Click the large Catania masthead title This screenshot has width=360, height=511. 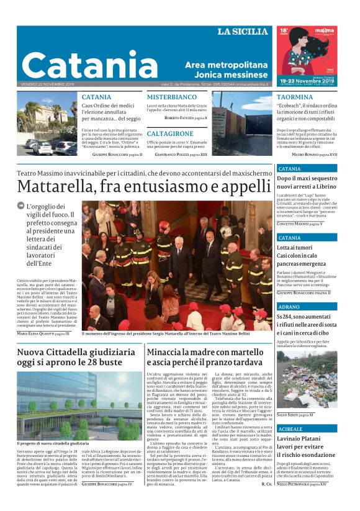[x=90, y=65]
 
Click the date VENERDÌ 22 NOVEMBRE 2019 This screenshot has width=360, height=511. [x=47, y=84]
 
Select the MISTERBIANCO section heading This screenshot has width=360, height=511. [x=171, y=97]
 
